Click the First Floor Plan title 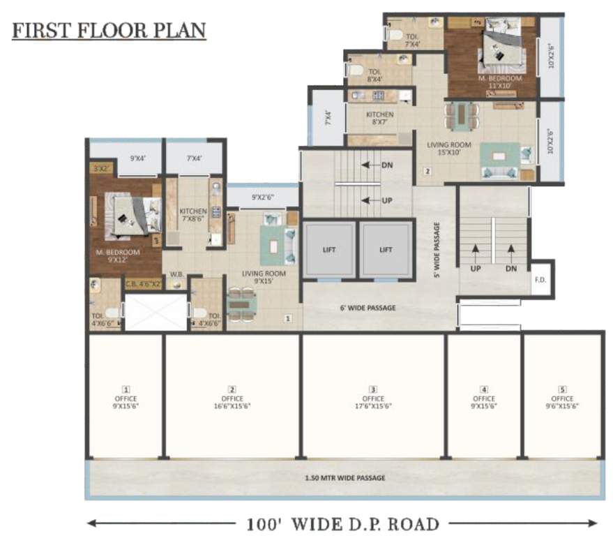[109, 31]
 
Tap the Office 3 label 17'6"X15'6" [373, 402]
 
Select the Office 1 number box [126, 389]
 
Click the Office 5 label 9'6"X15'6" [562, 402]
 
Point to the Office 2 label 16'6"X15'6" [232, 402]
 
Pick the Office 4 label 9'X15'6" [483, 402]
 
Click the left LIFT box [328, 249]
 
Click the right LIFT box [386, 249]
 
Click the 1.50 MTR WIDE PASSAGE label [345, 478]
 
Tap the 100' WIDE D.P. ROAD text [342, 523]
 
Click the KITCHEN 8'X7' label [379, 118]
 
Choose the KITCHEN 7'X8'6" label [192, 214]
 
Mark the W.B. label [176, 274]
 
